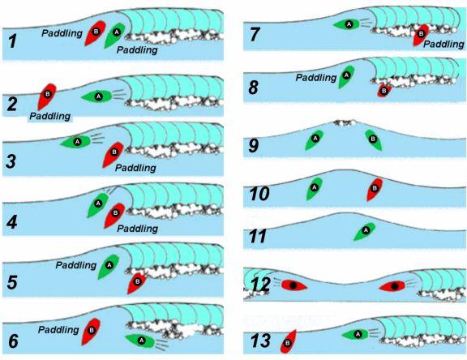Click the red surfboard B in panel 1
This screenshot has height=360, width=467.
pos(95,32)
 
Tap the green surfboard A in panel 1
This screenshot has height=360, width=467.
pos(114,35)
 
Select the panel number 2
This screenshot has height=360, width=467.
pos(11,105)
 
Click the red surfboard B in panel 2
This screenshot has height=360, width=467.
pos(47,96)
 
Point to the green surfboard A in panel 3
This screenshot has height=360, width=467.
pos(75,141)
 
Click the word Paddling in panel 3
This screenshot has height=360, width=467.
pos(135,168)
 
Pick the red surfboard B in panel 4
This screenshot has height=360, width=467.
pos(114,216)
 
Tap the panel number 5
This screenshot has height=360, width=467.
pos(12,282)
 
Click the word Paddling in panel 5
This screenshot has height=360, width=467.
pos(76,265)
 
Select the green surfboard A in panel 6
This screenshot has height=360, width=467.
pos(140,341)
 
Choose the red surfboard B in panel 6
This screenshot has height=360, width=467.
pos(91,332)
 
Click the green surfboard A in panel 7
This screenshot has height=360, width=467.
pos(347,24)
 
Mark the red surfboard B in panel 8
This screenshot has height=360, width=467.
pos(384,90)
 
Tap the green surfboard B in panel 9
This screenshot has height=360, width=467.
pos(374,139)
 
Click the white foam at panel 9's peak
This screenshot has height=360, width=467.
pos(345,122)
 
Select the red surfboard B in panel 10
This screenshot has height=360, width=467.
pos(375,189)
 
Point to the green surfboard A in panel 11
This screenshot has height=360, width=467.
pos(365,231)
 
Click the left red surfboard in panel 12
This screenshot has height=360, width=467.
pos(294,285)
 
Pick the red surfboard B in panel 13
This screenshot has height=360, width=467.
pos(289,341)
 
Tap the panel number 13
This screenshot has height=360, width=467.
pos(260,341)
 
